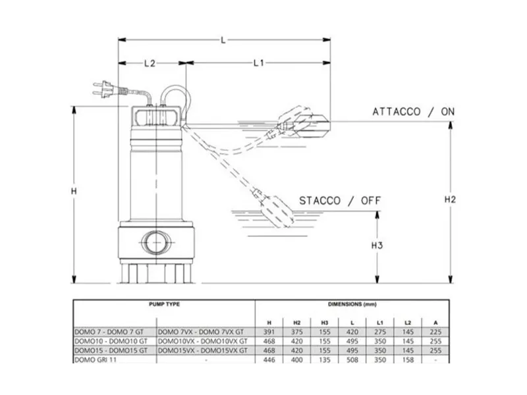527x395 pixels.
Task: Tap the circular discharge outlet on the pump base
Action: point(156,242)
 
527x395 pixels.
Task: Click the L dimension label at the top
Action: point(223,40)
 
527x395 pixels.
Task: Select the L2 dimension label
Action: point(150,63)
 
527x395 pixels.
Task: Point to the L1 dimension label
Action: point(258,63)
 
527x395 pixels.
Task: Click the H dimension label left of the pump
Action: point(74,191)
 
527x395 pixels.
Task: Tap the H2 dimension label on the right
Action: point(450,199)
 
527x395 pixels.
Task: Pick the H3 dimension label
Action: point(377,246)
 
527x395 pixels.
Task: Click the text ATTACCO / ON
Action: point(414,112)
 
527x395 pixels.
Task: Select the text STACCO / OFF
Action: point(340,201)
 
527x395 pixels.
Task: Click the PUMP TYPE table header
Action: point(164,304)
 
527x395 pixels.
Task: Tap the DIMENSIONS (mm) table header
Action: point(352,304)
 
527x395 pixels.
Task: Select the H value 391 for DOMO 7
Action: point(269,332)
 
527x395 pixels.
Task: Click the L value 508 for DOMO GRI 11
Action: point(352,359)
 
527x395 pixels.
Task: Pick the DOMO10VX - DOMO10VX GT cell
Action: point(203,341)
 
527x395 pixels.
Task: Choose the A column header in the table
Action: point(435,323)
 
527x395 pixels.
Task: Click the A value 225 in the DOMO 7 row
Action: point(435,332)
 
